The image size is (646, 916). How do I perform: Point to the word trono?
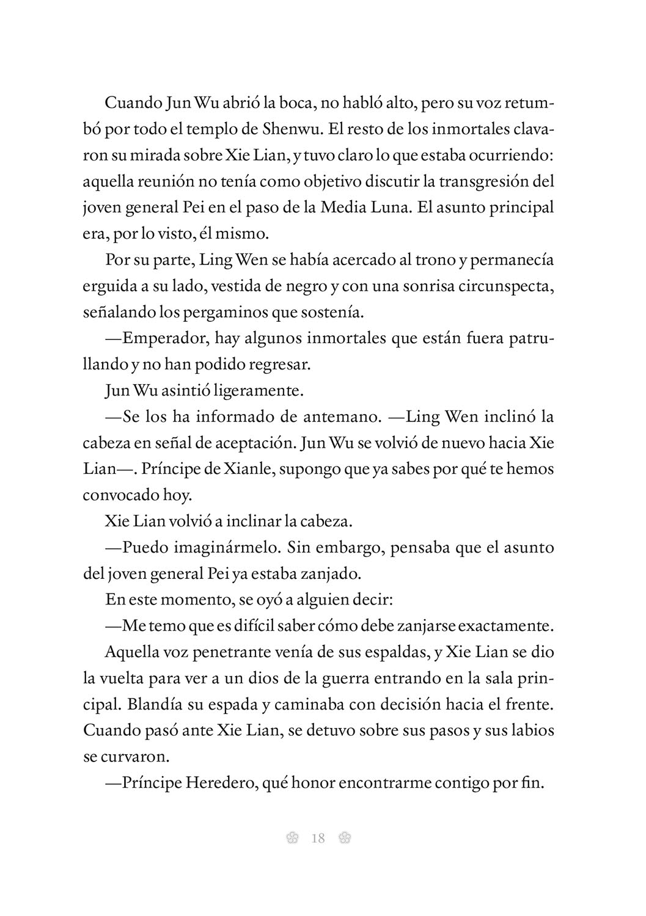[x=433, y=260]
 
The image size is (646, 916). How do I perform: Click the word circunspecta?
[x=499, y=286]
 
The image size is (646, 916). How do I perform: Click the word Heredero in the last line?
[x=218, y=783]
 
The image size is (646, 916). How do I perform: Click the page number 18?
[x=318, y=838]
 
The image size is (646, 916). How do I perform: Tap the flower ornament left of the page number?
[x=292, y=838]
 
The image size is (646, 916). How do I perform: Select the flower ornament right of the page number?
[x=344, y=838]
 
